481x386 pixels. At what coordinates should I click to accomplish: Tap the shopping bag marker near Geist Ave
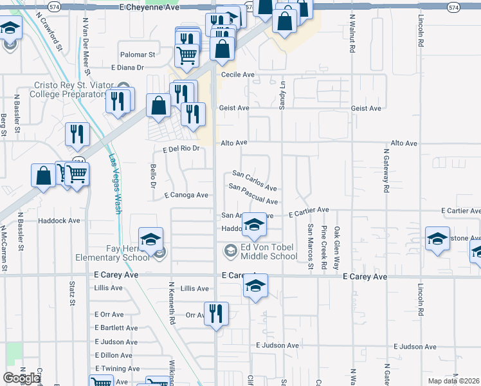pyautogui.click(x=158, y=106)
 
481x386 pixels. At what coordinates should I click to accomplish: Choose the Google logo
pyautogui.click(x=21, y=378)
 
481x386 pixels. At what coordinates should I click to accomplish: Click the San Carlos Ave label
pyautogui.click(x=255, y=181)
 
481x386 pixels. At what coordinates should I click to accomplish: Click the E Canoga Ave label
pyautogui.click(x=186, y=195)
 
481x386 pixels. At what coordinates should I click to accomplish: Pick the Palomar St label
pyautogui.click(x=138, y=55)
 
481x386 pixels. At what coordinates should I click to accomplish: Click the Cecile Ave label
pyautogui.click(x=238, y=75)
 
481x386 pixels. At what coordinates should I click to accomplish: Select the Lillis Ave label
pyautogui.click(x=195, y=289)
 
